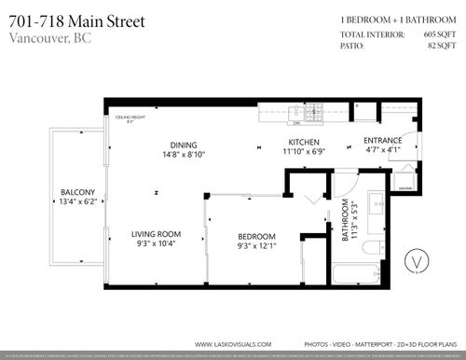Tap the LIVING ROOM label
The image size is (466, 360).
click(x=155, y=233)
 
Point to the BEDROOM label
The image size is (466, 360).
click(x=255, y=236)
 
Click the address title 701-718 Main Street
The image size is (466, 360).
click(x=77, y=21)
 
